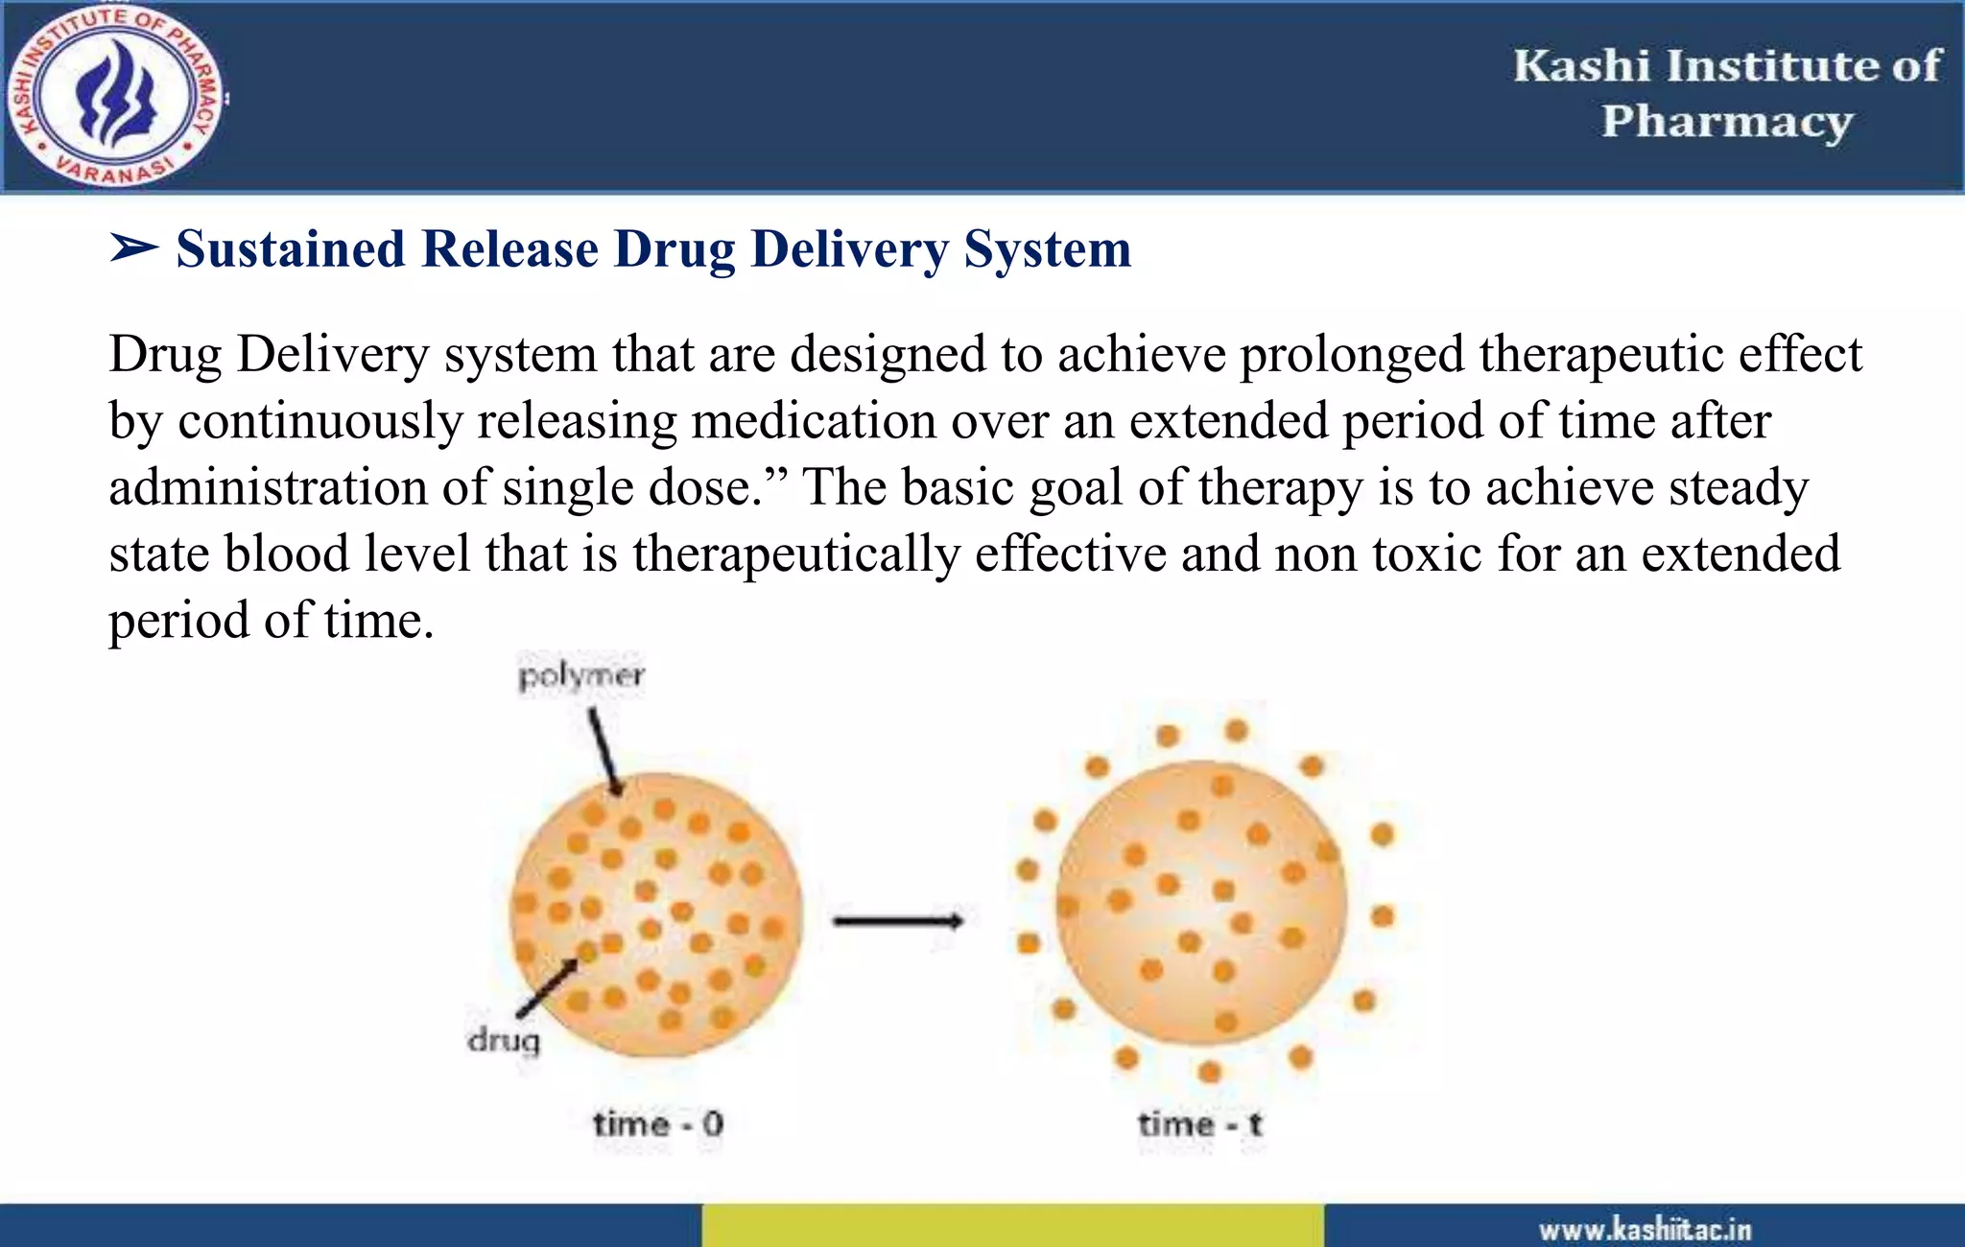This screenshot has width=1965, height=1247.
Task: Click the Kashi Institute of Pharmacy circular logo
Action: [114, 96]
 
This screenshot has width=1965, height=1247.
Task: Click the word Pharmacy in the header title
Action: [1727, 123]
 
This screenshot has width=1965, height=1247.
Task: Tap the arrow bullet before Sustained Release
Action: [133, 248]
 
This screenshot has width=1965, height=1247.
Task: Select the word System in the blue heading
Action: [1047, 251]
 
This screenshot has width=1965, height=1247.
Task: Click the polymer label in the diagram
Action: [581, 676]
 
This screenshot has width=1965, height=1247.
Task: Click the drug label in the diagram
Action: [504, 1040]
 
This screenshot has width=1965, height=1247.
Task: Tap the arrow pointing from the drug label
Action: [548, 987]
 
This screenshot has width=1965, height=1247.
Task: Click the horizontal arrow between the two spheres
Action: [897, 922]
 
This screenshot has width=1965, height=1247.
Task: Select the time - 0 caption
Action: [658, 1124]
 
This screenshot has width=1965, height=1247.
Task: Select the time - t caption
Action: [1200, 1124]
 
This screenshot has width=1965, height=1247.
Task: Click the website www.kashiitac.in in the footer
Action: [1645, 1230]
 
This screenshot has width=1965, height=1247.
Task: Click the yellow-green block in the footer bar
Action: [1012, 1226]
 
